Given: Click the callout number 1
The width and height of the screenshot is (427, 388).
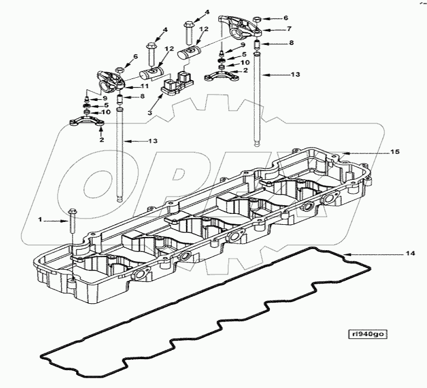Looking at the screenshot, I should [41, 219].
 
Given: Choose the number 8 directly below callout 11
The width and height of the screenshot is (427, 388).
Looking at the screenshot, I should [142, 97].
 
